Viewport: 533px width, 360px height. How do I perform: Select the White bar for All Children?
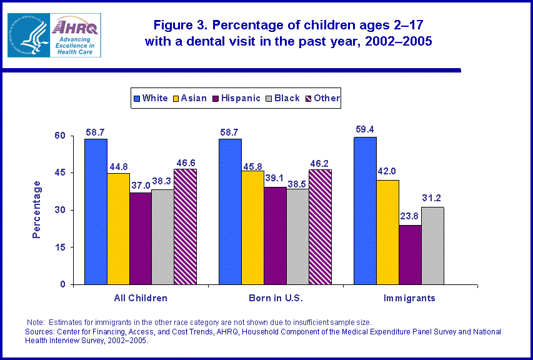pos(96,211)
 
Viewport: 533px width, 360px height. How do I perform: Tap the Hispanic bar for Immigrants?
pos(410,254)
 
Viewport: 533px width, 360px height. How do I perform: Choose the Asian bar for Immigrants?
pos(387,232)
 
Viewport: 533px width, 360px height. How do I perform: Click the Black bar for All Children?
pos(162,236)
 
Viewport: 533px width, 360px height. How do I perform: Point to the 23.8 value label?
pos(410,217)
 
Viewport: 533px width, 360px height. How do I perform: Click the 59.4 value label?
pos(365,129)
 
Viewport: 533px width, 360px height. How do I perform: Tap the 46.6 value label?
pos(185,161)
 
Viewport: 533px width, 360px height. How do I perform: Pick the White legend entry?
pos(150,98)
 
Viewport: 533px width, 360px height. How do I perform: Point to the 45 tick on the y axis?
pos(59,172)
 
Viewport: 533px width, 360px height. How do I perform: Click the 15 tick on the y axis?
pos(59,247)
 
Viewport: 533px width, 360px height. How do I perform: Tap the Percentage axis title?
pos(37,209)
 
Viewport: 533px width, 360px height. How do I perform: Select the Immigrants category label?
pos(410,298)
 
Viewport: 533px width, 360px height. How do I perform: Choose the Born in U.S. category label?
pos(276,298)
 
